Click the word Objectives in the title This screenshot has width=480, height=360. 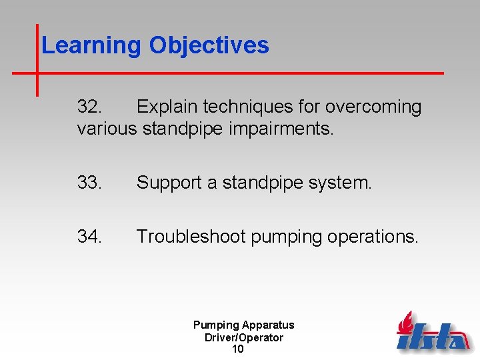pos(209,46)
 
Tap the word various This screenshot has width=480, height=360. pos(106,128)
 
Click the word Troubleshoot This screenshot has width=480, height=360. pos(191,237)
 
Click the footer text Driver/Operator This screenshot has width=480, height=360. pos(243,337)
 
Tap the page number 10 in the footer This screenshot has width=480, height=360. pos(237,349)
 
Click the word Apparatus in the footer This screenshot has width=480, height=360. pos(268,325)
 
